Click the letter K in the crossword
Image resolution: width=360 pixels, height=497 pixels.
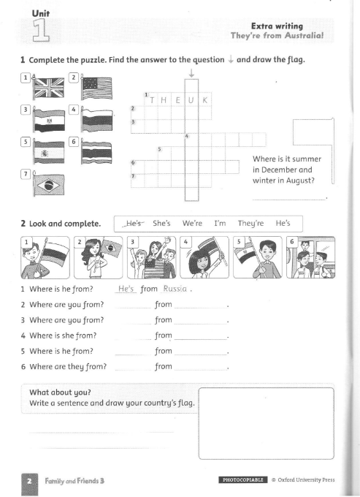[x=205, y=100]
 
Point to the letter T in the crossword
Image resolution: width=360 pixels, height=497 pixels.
[x=152, y=100]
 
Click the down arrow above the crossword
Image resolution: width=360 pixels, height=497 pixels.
[x=191, y=73]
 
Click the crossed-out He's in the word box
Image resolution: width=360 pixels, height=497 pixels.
[x=133, y=222]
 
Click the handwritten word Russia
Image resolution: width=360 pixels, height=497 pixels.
[x=176, y=289]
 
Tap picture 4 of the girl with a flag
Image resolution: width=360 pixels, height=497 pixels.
[x=203, y=257]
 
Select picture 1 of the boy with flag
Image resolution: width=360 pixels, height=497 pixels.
[x=45, y=257]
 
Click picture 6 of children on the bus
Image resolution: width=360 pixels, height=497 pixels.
[x=310, y=257]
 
